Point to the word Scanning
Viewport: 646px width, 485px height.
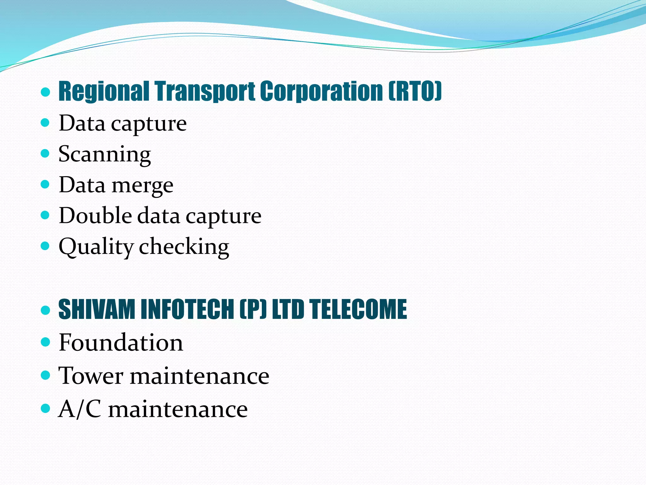click(105, 154)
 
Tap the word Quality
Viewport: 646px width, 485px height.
click(96, 247)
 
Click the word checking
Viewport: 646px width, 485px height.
click(184, 247)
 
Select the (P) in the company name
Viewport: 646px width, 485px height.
click(253, 309)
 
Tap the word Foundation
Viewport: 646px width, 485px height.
click(121, 343)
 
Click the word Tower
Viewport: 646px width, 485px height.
click(91, 376)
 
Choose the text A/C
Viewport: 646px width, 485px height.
click(80, 409)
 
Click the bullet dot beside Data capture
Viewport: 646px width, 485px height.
click(45, 123)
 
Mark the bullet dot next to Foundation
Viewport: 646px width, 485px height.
click(45, 342)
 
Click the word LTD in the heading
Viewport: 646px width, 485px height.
click(288, 309)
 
